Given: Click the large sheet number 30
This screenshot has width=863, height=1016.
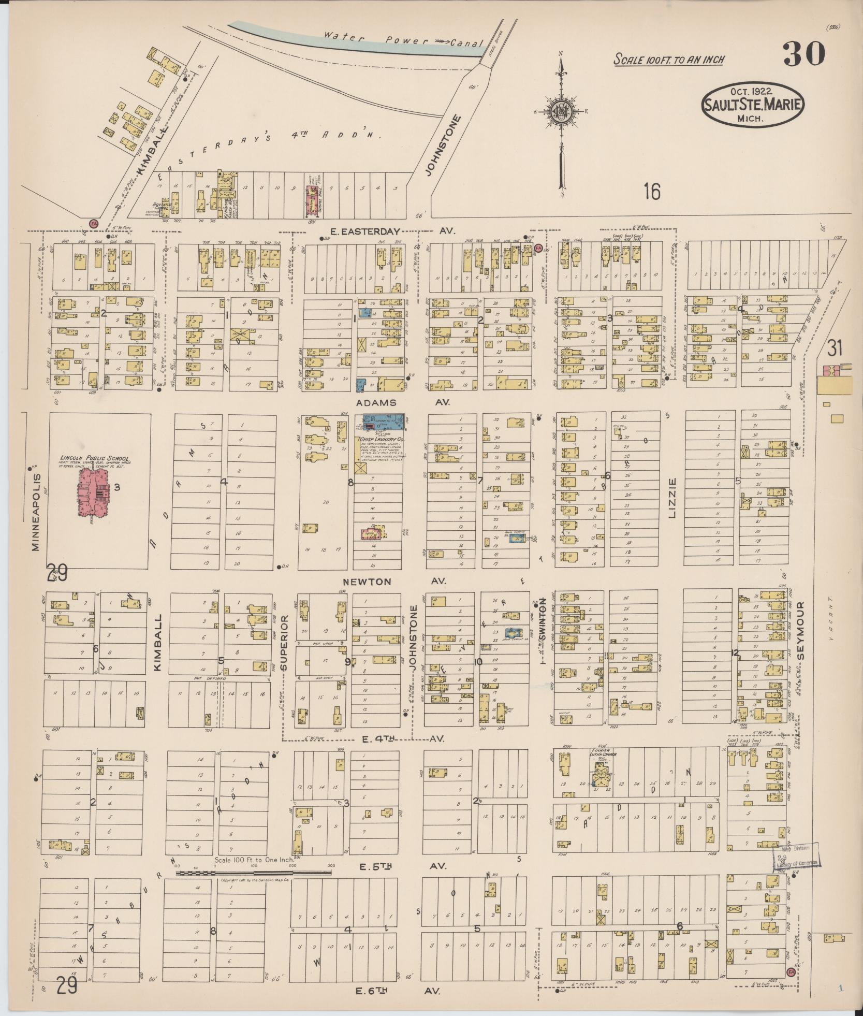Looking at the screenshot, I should (803, 54).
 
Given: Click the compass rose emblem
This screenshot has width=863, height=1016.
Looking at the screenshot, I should (561, 111).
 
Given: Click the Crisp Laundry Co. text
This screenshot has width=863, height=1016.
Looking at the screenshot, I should (382, 440).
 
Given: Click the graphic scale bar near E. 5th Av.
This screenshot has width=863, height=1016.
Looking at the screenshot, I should (253, 873).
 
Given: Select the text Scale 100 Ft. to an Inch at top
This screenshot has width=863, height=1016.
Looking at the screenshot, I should (668, 60).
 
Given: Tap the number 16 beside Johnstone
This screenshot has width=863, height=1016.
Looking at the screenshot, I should (652, 193).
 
